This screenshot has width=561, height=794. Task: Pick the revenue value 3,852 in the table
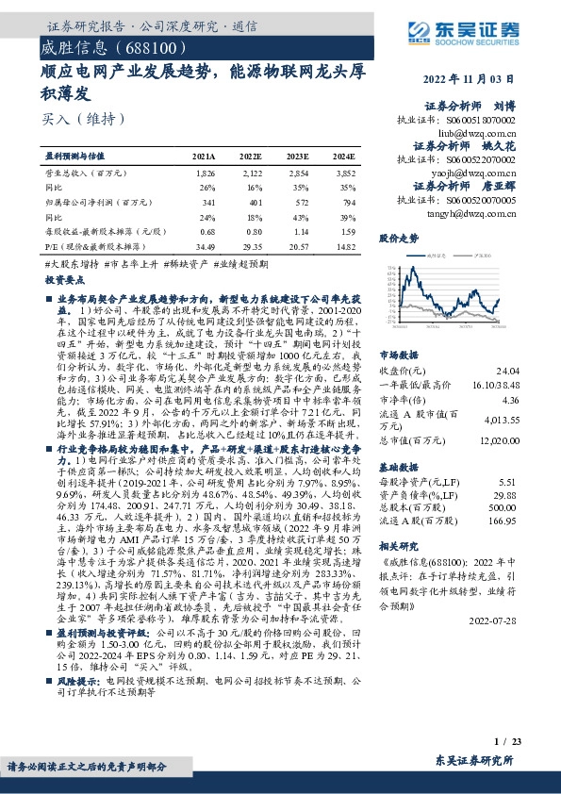(x=344, y=175)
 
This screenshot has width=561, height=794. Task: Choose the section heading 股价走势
(x=397, y=240)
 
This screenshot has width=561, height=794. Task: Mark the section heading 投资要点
(x=64, y=281)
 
